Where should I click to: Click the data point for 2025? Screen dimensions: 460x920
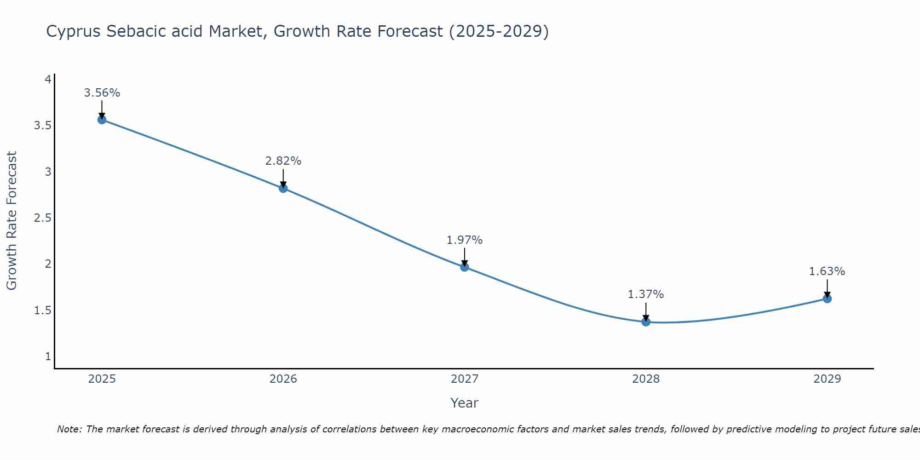102,120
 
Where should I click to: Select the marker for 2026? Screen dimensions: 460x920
283,188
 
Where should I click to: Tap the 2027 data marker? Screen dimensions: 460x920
465,267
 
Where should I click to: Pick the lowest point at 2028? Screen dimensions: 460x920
646,322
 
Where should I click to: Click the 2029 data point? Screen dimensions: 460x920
827,299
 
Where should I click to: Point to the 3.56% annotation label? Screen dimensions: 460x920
102,93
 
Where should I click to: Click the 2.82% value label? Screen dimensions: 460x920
283,161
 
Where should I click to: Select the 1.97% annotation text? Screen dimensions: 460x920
465,240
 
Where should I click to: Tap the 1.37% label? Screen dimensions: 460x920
646,294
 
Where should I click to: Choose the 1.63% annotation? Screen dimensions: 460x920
827,271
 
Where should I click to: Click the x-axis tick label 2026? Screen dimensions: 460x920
283,379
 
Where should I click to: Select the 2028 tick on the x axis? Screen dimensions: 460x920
646,379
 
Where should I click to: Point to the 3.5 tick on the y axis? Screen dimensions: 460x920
42,126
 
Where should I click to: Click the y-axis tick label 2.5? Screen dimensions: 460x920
42,218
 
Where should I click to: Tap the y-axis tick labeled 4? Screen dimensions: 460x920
48,80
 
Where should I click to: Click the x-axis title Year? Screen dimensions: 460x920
465,403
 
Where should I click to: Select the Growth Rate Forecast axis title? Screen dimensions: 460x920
11,220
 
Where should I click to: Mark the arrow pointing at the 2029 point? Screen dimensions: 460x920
827,288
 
